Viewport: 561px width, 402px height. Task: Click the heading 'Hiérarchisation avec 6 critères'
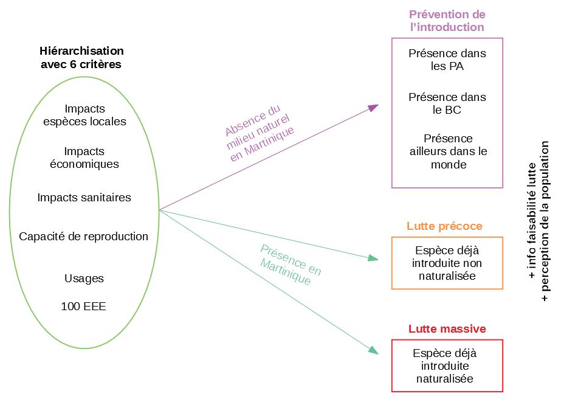pos(81,57)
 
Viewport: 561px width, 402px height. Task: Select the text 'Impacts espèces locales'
pos(84,115)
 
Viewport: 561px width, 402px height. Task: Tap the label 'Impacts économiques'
pos(84,158)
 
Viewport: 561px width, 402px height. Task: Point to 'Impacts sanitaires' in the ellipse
pos(84,197)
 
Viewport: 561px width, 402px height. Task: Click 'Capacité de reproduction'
pos(83,236)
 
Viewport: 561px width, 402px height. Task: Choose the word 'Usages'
pos(84,278)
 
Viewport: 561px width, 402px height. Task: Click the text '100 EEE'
pos(83,306)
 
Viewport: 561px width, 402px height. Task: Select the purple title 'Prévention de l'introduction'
pos(447,21)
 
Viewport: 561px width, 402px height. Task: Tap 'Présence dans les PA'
pos(447,60)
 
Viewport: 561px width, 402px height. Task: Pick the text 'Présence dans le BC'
pos(447,103)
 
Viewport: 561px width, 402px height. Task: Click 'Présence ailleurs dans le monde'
pos(449,151)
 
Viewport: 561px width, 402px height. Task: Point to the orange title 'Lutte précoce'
pos(444,226)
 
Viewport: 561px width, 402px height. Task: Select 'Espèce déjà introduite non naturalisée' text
pos(447,263)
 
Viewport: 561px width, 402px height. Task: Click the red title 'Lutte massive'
pos(447,328)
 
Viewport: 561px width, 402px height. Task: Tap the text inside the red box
pos(445,366)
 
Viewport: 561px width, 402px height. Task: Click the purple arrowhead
pos(373,108)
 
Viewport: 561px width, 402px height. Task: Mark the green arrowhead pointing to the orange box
pos(373,258)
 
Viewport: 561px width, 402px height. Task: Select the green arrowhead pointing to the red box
pos(374,350)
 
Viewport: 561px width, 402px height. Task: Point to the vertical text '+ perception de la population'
pos(545,221)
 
